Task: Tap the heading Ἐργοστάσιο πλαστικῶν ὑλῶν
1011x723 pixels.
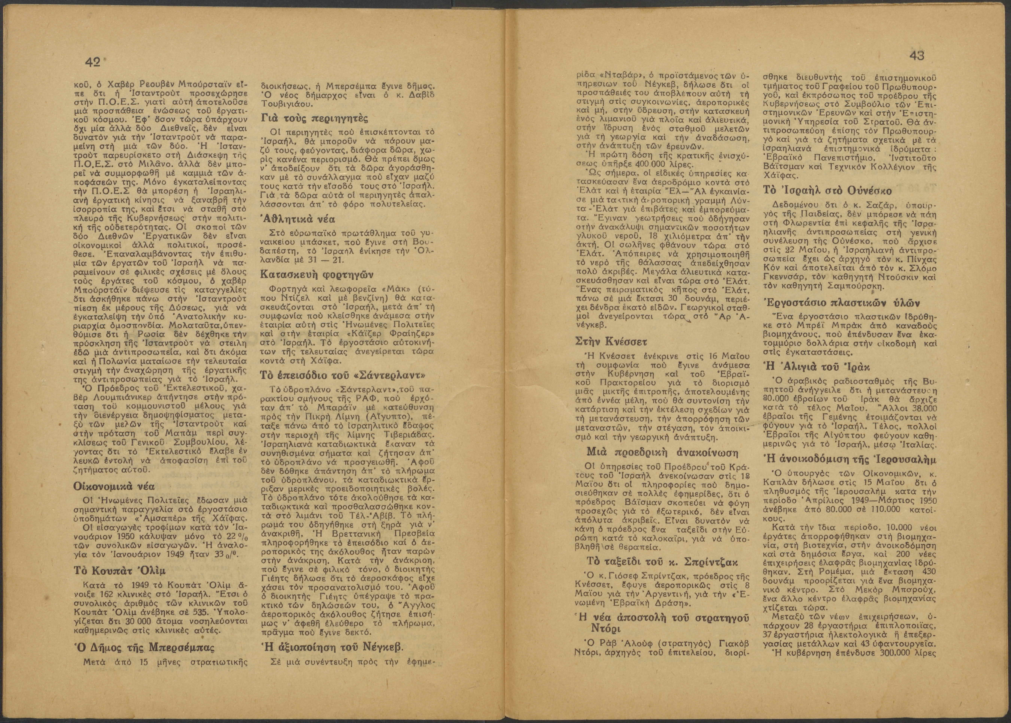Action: (835, 302)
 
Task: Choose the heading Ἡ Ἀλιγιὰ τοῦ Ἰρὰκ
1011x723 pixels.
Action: (816, 366)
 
